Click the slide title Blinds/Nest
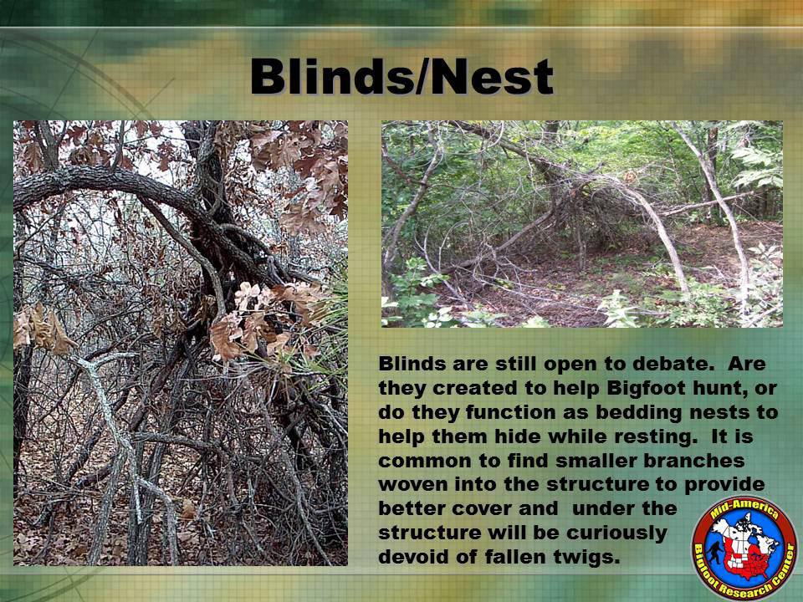point(402,77)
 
